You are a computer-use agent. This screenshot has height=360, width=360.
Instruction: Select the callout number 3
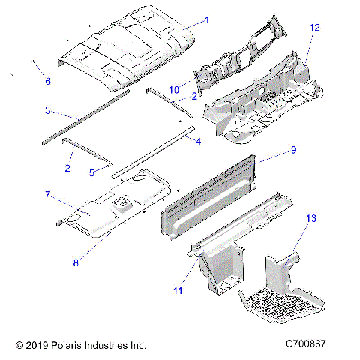47,110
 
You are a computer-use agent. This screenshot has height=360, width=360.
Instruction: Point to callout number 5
91,172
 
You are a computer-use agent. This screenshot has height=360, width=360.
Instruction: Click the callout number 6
47,81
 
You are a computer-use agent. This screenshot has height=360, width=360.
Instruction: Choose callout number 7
47,195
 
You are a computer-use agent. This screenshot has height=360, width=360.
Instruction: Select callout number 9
293,150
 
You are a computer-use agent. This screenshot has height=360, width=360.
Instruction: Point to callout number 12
315,28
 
